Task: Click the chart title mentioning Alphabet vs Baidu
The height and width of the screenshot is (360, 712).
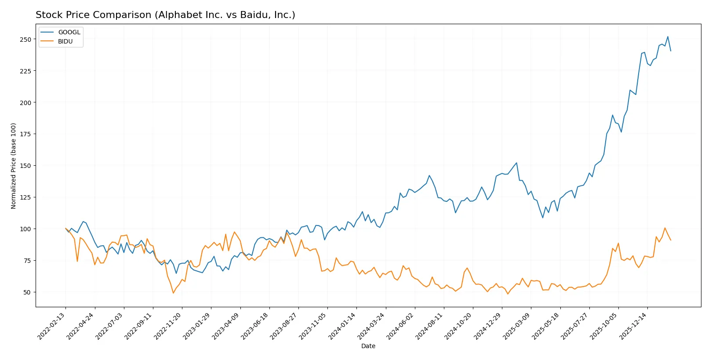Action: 165,15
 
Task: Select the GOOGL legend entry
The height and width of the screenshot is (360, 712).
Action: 69,32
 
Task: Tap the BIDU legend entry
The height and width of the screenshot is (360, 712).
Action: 65,41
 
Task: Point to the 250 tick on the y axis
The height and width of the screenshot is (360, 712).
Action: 25,39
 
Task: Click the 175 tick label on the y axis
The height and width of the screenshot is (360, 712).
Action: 25,134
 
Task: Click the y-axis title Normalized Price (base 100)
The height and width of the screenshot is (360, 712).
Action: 13,166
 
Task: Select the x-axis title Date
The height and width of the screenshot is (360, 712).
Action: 368,346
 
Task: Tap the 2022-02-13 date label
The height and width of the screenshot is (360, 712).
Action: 52,326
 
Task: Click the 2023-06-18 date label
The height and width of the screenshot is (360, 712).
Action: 255,326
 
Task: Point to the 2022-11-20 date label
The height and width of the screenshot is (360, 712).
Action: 168,326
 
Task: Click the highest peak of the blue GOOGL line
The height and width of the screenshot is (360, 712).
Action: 668,37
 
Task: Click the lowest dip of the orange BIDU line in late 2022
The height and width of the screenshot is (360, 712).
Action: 173,293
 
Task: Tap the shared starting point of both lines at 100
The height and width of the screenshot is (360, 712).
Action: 65,229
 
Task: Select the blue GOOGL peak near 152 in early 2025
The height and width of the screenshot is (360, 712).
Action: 516,163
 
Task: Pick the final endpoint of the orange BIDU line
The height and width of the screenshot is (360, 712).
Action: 671,240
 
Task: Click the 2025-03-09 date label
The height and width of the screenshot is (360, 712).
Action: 517,326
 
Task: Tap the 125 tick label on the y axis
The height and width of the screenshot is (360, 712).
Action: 25,197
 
